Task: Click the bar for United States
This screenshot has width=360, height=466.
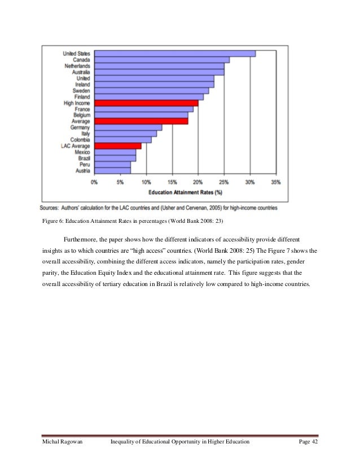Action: click(175, 54)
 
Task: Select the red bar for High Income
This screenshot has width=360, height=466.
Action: click(146, 103)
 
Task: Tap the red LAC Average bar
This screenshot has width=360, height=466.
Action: click(118, 146)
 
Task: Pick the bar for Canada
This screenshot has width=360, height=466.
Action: click(162, 60)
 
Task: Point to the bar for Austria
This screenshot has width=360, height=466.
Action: click(112, 170)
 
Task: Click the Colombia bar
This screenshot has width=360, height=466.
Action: click(123, 139)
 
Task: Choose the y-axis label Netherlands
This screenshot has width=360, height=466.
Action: click(76, 66)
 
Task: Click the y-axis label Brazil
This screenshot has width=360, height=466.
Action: click(82, 158)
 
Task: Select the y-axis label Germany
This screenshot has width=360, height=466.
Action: click(81, 127)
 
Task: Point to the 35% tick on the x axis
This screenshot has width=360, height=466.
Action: click(276, 183)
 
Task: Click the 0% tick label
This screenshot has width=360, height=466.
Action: click(94, 183)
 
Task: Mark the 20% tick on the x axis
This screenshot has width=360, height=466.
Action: click(198, 183)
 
